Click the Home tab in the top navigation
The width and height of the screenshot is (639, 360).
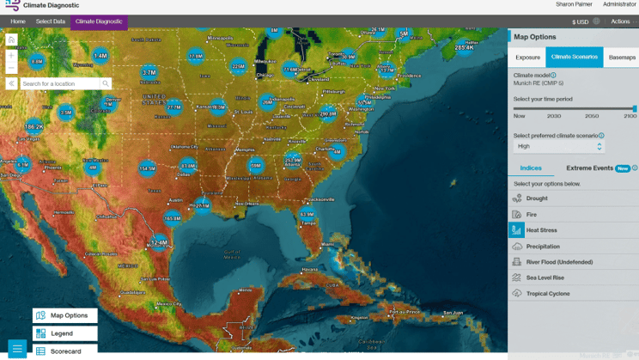click(x=18, y=21)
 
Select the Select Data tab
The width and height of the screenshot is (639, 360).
click(x=51, y=21)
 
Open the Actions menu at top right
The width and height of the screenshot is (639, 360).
click(x=620, y=21)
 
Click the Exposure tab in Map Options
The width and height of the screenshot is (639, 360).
click(x=527, y=58)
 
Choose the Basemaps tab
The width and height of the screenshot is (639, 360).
click(x=622, y=58)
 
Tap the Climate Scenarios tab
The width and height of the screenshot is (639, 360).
click(x=574, y=58)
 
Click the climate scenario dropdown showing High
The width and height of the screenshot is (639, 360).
click(x=558, y=147)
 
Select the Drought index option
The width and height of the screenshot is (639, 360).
click(x=537, y=198)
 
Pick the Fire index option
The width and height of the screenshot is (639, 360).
click(x=532, y=215)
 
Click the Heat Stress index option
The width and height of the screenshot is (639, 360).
click(x=541, y=230)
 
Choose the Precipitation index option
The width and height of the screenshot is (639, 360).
click(x=543, y=247)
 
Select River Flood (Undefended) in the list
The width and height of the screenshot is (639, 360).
click(x=559, y=262)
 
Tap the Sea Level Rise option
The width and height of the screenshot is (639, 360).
click(x=545, y=278)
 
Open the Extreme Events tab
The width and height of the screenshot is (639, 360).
click(x=589, y=168)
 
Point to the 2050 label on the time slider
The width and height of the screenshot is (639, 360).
click(x=592, y=116)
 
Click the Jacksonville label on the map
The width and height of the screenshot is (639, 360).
click(x=322, y=199)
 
